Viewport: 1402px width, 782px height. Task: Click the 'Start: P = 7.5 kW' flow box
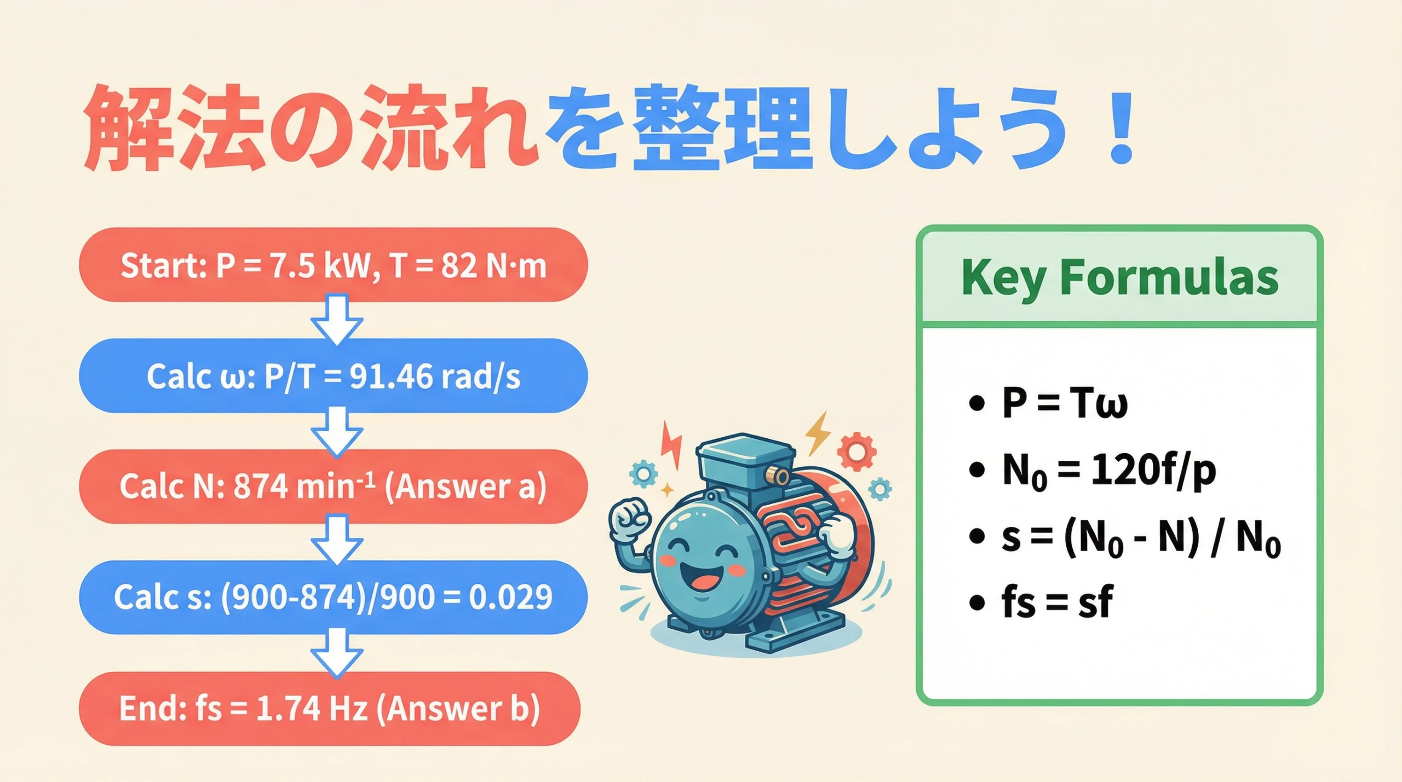pyautogui.click(x=333, y=265)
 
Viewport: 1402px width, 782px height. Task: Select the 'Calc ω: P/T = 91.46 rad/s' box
pyautogui.click(x=333, y=376)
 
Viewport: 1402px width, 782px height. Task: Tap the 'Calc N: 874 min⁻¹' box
pyautogui.click(x=333, y=486)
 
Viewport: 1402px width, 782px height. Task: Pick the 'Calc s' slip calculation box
pyautogui.click(x=333, y=597)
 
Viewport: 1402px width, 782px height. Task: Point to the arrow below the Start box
pyautogui.click(x=337, y=320)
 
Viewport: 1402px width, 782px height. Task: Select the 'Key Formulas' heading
pyautogui.click(x=1119, y=277)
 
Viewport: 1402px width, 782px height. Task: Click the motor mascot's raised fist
pyautogui.click(x=630, y=520)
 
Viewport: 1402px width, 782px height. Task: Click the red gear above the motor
pyautogui.click(x=857, y=451)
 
